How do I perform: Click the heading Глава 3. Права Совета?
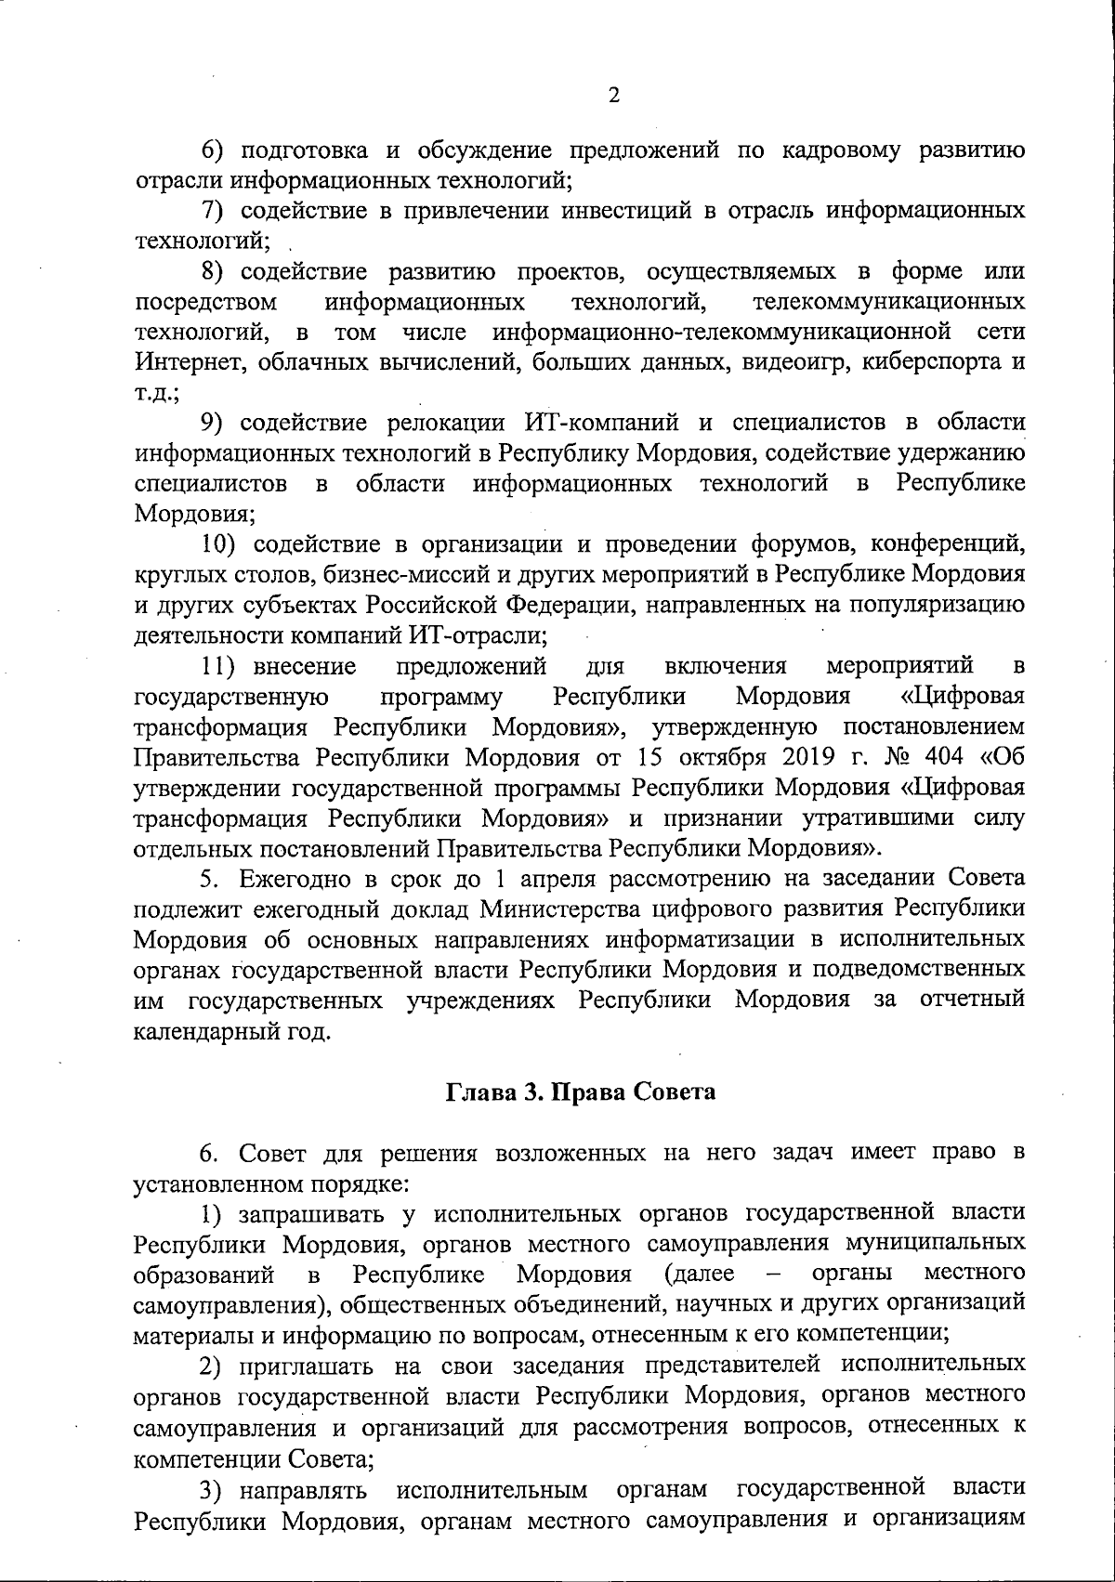[x=582, y=1092]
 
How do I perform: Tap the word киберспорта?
[x=929, y=362]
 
